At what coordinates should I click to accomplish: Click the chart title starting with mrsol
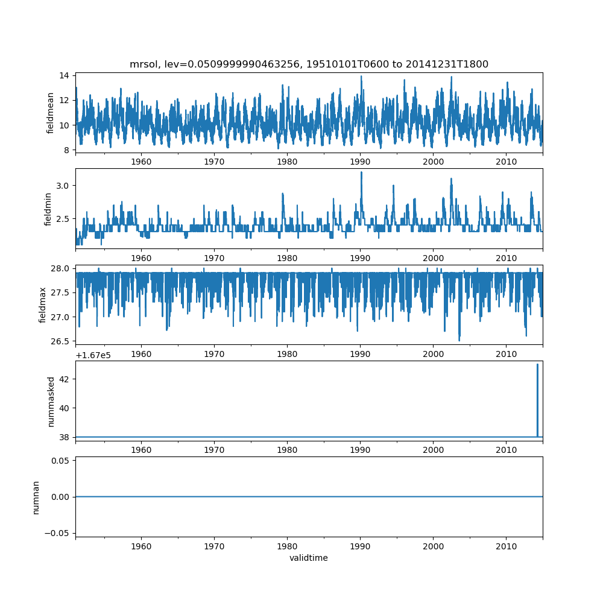[309, 64]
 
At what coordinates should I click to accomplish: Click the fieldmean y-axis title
[51, 113]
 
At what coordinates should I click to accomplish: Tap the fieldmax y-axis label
[43, 305]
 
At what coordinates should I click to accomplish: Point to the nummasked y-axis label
[51, 401]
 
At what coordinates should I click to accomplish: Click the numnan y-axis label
[36, 497]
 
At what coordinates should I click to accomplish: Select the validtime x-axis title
[309, 558]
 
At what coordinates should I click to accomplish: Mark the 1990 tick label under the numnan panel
[361, 546]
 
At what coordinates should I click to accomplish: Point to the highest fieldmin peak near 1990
[361, 173]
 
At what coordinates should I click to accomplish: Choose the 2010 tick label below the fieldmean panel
[507, 162]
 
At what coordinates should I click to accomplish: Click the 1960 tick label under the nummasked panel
[141, 450]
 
